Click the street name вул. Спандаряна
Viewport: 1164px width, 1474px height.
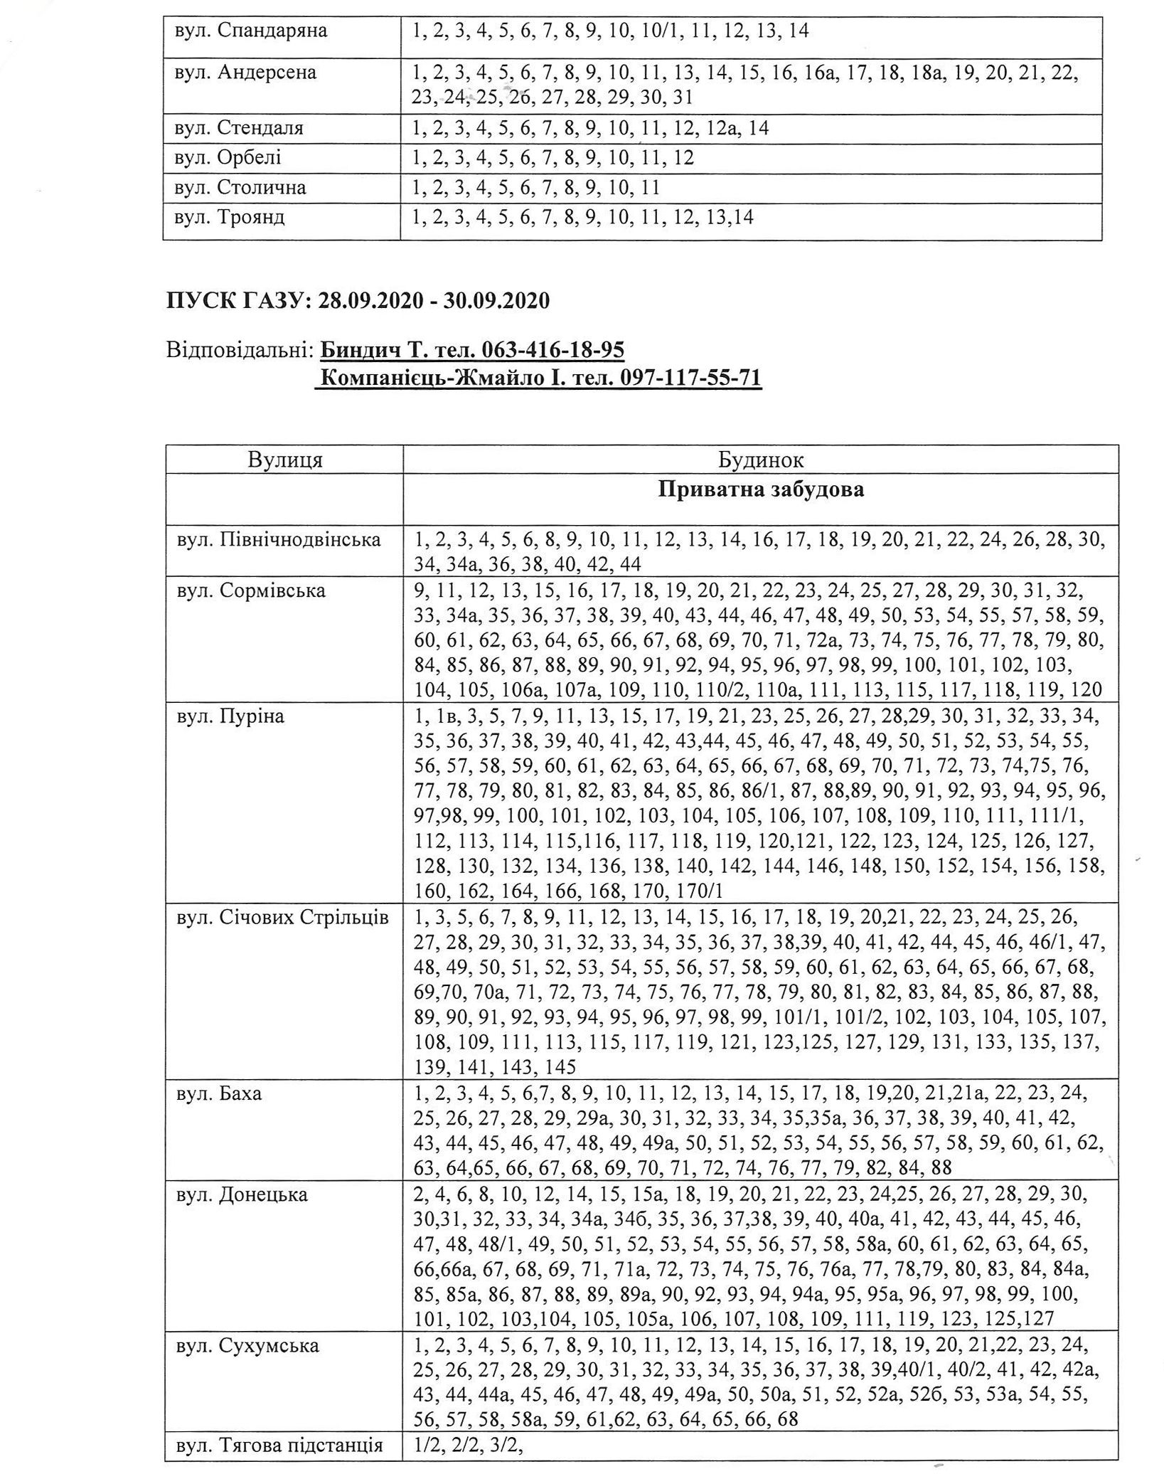tap(252, 31)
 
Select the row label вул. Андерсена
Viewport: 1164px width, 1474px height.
tap(246, 73)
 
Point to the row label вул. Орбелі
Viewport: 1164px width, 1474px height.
tap(228, 158)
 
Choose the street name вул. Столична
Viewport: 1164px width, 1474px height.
tap(240, 188)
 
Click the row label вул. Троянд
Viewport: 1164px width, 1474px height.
tap(230, 217)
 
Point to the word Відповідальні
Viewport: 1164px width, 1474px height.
tap(239, 351)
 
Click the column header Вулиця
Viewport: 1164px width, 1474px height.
tap(285, 460)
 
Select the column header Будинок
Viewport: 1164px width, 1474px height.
tap(760, 460)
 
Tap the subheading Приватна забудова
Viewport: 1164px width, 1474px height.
tap(760, 490)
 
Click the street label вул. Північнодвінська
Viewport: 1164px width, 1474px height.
tap(279, 540)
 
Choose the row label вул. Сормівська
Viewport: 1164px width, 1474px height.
tap(251, 590)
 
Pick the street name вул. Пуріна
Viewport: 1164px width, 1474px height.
tap(230, 716)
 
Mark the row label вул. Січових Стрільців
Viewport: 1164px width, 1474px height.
tap(283, 918)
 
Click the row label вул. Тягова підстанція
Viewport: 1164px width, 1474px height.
tap(279, 1445)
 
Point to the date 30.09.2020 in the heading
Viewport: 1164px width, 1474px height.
tap(497, 301)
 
